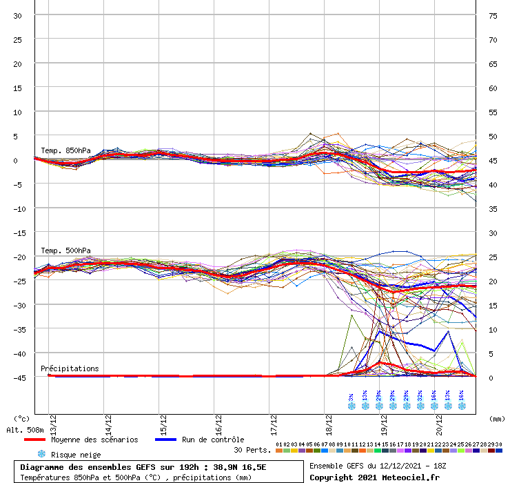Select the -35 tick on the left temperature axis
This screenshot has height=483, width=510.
[18, 329]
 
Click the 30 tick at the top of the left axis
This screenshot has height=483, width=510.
[18, 16]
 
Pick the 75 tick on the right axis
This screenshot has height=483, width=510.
[493, 16]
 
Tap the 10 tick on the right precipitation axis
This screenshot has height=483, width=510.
[493, 329]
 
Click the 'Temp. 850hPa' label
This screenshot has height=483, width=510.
[65, 150]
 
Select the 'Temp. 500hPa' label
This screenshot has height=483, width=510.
[65, 250]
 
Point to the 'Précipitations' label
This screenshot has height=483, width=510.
[70, 368]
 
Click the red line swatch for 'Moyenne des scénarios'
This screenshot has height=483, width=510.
[34, 440]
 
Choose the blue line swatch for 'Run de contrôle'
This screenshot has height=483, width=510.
[165, 440]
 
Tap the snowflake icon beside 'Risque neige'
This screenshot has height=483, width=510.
[41, 454]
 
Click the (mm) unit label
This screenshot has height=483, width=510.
[496, 418]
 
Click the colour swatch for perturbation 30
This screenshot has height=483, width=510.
[498, 451]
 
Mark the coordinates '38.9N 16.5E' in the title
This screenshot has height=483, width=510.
[240, 467]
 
